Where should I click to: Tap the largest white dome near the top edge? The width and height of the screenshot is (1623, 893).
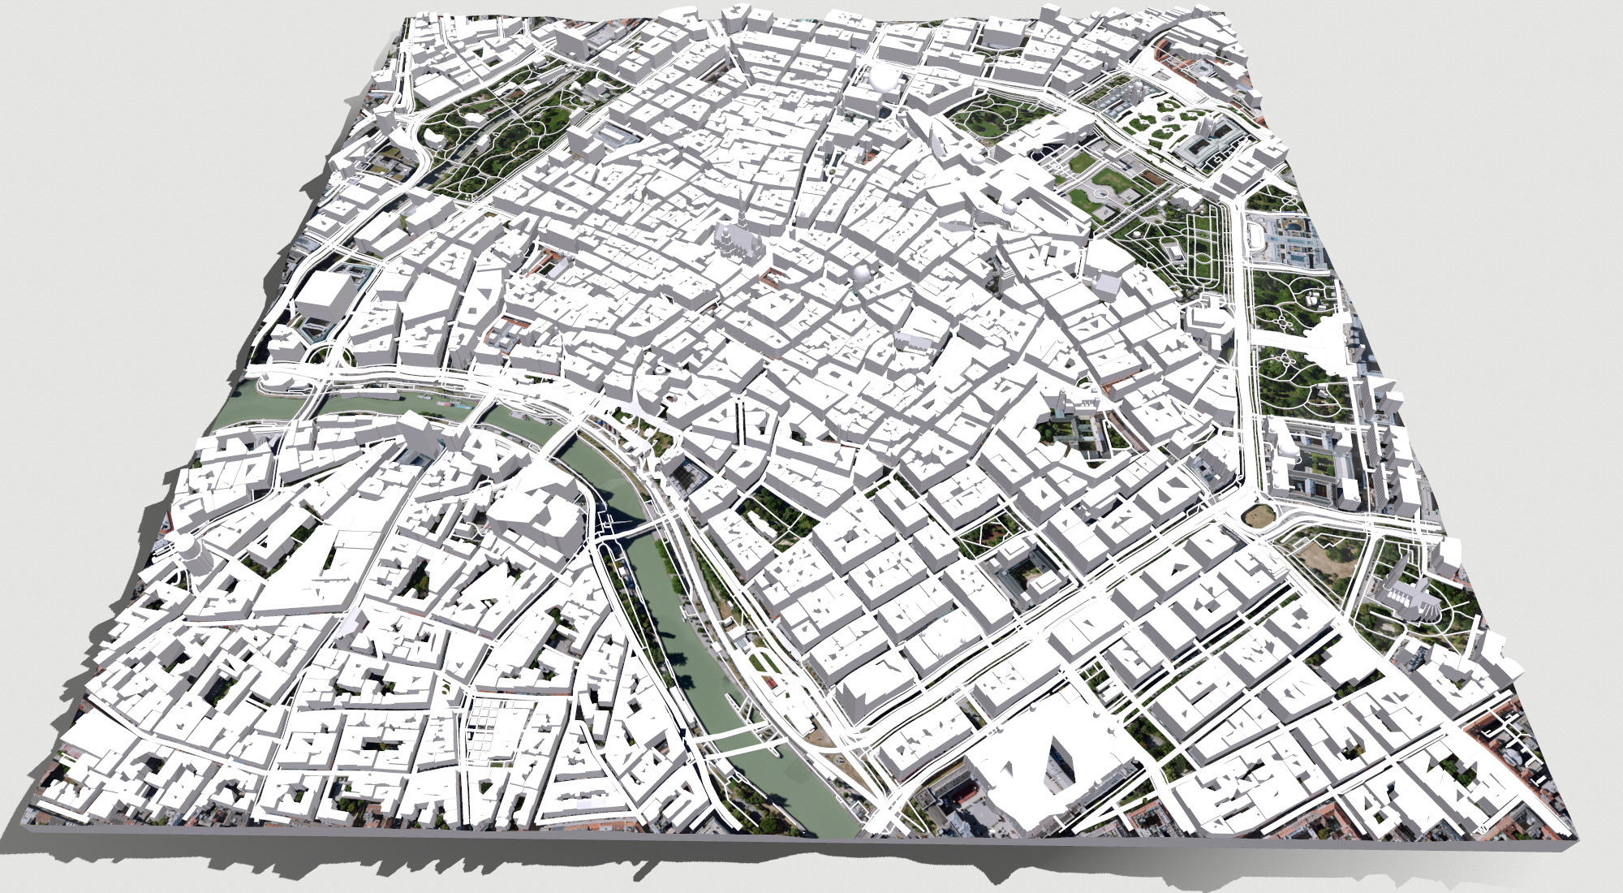883,79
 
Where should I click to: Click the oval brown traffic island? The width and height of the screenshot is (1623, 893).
1258,513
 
